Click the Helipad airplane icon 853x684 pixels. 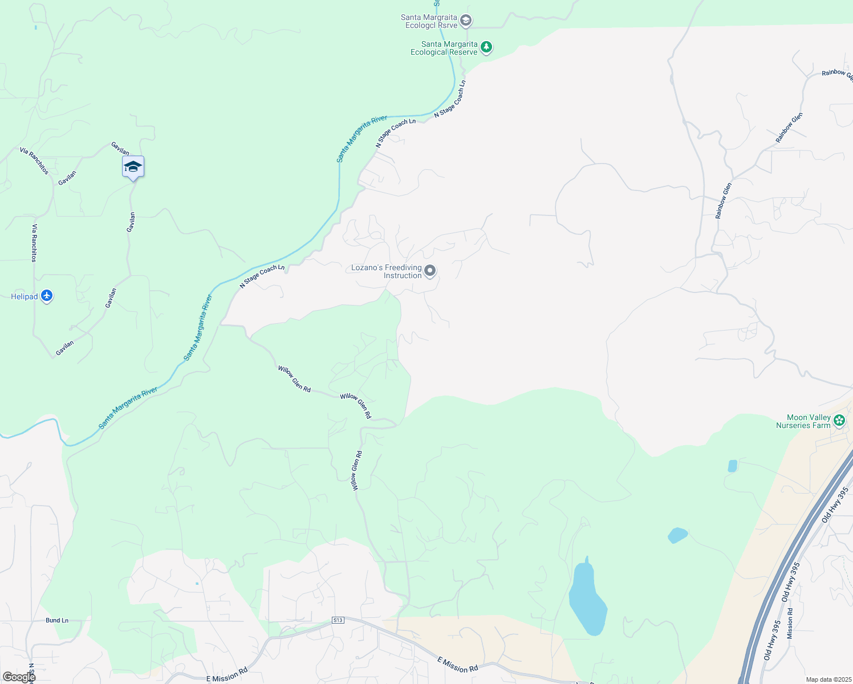(x=47, y=296)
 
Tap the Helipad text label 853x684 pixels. (x=25, y=296)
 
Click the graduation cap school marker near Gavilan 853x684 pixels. (x=133, y=166)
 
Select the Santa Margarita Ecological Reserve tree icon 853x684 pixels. (x=486, y=47)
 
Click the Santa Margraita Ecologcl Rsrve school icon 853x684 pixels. (x=466, y=21)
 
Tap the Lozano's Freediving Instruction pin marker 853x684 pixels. (x=430, y=271)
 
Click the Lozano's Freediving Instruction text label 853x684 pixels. (x=386, y=271)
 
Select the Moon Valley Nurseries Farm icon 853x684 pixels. (x=839, y=421)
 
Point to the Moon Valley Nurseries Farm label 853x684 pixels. (x=803, y=421)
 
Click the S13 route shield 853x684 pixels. (x=338, y=620)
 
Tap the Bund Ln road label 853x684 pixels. (x=57, y=620)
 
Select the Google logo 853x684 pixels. (x=19, y=677)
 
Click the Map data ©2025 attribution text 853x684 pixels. (x=827, y=679)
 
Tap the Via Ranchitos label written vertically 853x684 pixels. (x=34, y=243)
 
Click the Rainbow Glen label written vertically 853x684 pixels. (x=723, y=200)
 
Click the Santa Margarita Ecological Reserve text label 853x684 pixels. (x=444, y=48)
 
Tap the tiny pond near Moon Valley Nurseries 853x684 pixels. (x=733, y=466)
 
